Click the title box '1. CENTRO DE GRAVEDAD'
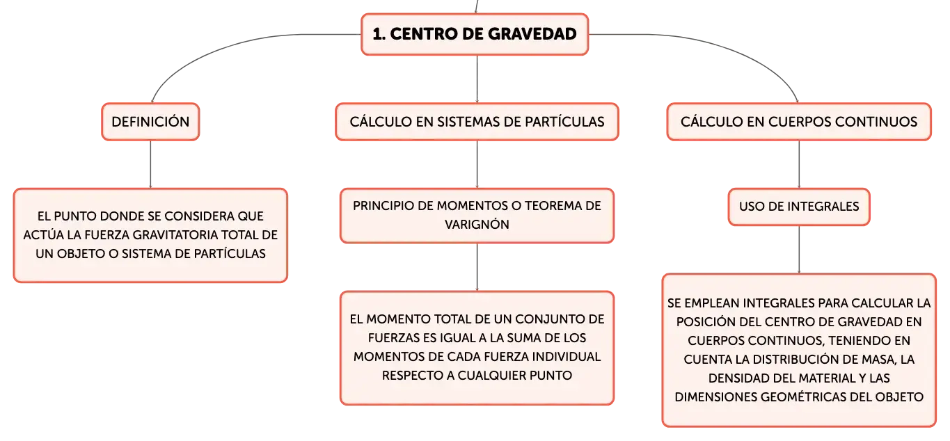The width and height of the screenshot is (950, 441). pyautogui.click(x=475, y=34)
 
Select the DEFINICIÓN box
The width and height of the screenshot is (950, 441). pyautogui.click(x=150, y=122)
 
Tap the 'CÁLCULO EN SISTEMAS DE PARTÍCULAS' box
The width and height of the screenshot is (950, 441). pyautogui.click(x=477, y=122)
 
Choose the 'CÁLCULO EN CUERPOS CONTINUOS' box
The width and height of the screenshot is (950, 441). pyautogui.click(x=799, y=122)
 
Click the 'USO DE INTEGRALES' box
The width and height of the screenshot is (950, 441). pyautogui.click(x=799, y=207)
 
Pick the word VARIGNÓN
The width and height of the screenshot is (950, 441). pyautogui.click(x=477, y=224)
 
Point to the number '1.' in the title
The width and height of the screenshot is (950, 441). pyautogui.click(x=379, y=34)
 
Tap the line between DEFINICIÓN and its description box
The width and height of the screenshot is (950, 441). pyautogui.click(x=150, y=165)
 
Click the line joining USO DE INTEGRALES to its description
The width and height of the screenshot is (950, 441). pyautogui.click(x=799, y=250)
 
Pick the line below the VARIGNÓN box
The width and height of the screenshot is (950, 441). pyautogui.click(x=477, y=267)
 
